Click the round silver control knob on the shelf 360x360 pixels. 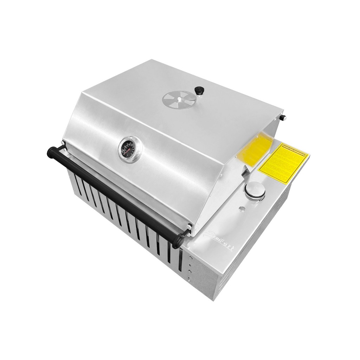click(253, 190)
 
